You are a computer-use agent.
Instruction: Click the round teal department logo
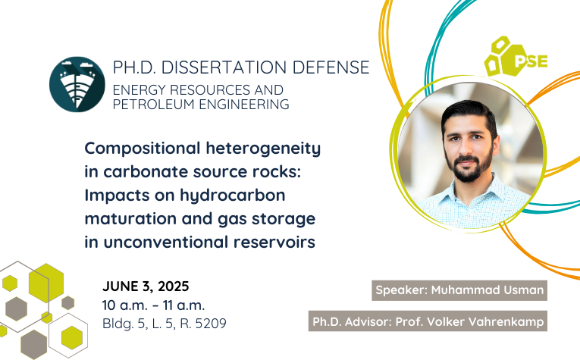pos(77,84)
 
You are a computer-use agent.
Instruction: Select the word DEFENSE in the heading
pos(331,67)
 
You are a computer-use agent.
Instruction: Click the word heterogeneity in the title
pos(263,149)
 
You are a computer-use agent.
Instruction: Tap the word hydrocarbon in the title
pos(233,196)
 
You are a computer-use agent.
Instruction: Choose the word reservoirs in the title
pos(274,243)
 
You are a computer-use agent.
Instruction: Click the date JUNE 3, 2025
pos(146,286)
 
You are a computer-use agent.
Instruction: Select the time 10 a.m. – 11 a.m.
pos(153,305)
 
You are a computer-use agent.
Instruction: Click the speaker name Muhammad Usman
pos(488,290)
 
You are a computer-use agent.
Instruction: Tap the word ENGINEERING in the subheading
pos(244,105)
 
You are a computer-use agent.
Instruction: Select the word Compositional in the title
pos(143,149)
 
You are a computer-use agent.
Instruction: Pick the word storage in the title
pos(284,219)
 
